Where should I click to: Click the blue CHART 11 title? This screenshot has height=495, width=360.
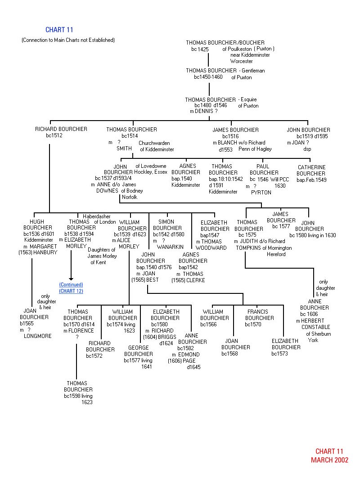coord(59,30)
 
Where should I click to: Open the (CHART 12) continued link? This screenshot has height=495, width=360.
coord(71,291)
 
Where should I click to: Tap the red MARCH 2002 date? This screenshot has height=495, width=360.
coord(329,460)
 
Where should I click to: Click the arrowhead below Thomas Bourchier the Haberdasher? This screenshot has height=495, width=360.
coord(71,279)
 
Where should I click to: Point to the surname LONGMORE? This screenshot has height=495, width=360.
coord(38,336)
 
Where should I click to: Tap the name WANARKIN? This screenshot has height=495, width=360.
coord(170,247)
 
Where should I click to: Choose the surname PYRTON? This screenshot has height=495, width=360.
coord(261,192)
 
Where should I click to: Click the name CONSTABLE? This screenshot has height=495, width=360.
coord(315,327)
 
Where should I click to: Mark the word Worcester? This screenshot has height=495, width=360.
coord(242,61)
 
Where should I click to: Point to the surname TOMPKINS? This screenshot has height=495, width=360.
coord(249,248)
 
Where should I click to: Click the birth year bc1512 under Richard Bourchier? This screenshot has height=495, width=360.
coord(54,135)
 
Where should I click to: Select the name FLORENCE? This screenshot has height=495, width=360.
coord(81,331)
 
